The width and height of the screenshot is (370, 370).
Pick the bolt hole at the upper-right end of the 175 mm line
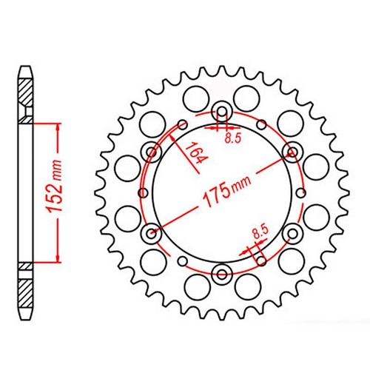[292, 153]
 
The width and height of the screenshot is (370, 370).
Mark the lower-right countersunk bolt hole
[292, 235]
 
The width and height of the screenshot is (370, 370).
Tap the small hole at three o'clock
[301, 195]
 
